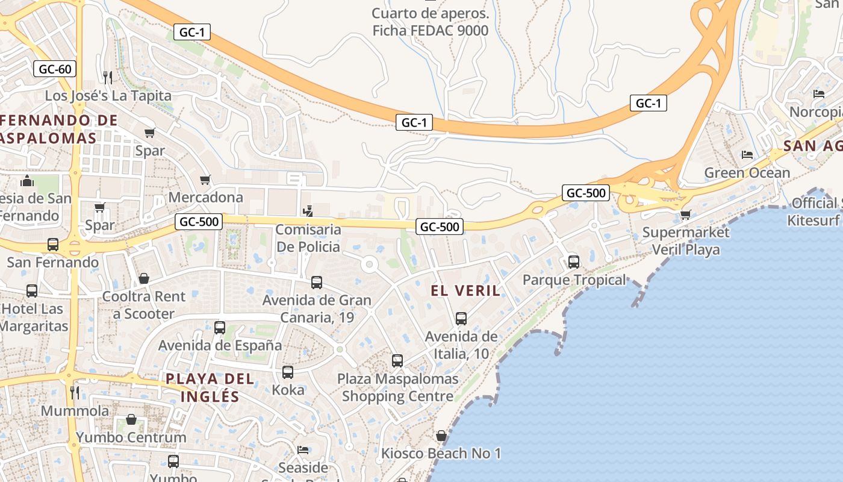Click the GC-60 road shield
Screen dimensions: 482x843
tap(55, 69)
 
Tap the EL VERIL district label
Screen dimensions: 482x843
tap(465, 290)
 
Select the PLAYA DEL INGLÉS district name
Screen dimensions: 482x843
tap(210, 387)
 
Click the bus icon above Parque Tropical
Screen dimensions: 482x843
tap(574, 262)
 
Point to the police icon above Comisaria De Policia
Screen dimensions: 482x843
tap(308, 211)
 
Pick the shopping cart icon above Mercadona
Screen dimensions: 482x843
tap(205, 180)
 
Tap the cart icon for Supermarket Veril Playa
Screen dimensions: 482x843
tap(685, 214)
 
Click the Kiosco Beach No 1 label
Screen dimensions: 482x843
tap(441, 453)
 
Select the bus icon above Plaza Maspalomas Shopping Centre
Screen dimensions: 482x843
tap(397, 361)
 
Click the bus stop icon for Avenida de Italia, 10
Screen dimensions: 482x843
tap(461, 319)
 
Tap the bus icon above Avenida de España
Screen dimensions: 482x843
tap(220, 328)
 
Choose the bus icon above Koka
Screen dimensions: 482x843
tap(288, 372)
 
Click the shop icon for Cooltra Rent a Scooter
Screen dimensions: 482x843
tap(144, 278)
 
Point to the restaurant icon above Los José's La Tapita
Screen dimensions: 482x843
tap(108, 77)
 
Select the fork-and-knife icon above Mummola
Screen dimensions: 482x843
tap(75, 393)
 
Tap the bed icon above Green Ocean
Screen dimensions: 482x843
tap(747, 155)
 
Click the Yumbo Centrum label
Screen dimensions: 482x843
tap(131, 437)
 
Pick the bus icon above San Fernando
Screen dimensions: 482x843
tap(53, 245)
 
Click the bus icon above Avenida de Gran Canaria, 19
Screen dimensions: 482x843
tap(317, 282)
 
